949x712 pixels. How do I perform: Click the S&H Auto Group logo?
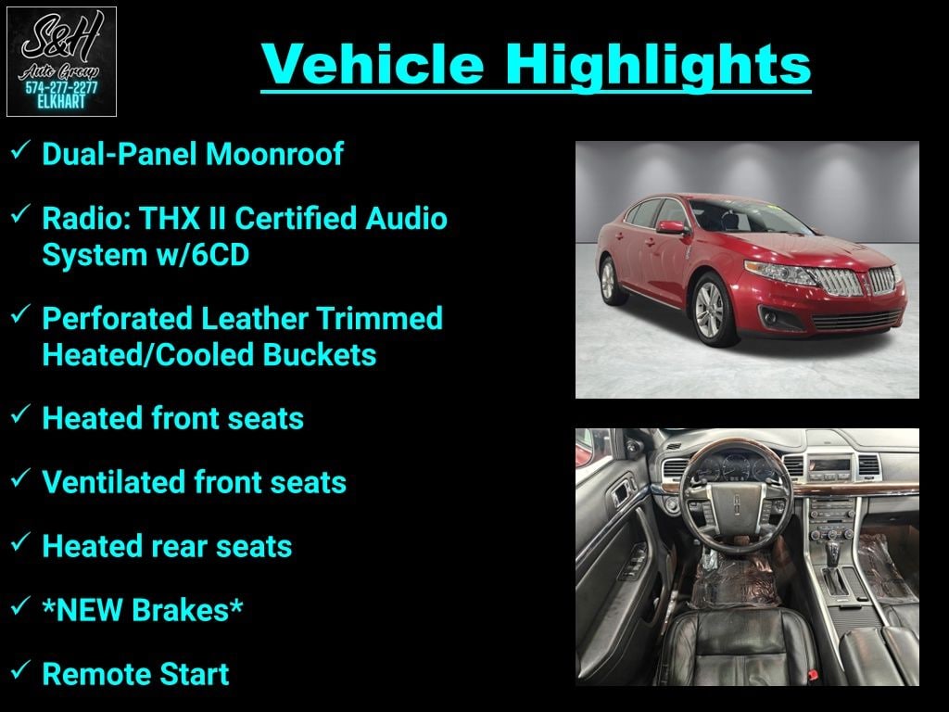61,61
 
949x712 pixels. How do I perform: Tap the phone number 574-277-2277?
61,88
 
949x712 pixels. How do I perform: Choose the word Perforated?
118,319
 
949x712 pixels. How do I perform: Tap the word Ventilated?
114,482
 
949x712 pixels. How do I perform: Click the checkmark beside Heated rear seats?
20,541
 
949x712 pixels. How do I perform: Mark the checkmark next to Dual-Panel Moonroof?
20,149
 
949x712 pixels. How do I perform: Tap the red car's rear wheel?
609,280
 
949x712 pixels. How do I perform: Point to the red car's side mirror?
672,228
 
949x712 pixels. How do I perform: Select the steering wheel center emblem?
738,502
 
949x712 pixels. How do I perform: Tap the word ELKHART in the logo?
61,102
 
